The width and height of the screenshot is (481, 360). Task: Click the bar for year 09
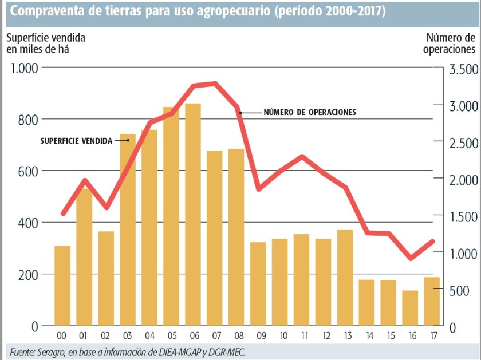pos(258,284)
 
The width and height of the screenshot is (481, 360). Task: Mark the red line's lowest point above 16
pos(410,258)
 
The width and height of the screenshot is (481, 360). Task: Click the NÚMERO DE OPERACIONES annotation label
pos(310,112)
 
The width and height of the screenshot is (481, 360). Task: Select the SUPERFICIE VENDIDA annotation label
pos(77,140)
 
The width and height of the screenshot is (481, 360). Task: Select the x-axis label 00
pos(62,335)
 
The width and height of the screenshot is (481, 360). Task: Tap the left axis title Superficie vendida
pos(46,38)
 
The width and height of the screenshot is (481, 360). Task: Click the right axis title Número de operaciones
pos(450,43)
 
